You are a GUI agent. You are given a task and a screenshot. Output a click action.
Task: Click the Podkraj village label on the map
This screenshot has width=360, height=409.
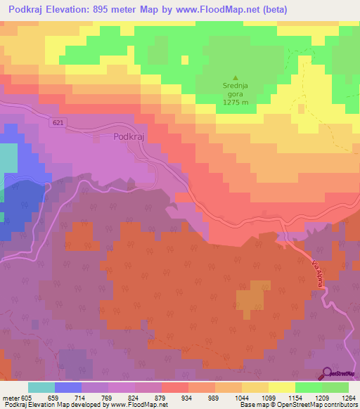(128, 138)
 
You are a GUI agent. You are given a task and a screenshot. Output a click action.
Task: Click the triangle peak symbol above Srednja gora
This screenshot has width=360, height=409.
(236, 78)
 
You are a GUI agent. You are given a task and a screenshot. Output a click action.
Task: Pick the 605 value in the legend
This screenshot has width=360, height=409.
(27, 397)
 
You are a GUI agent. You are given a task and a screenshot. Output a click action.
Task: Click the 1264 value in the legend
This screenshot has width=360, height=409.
(347, 397)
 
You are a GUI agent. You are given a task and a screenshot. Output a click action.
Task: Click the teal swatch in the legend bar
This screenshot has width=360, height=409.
(41, 387)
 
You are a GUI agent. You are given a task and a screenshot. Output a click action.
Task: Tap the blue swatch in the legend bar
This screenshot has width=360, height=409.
(67, 387)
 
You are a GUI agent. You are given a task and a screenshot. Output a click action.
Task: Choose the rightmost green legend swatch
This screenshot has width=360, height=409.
(335, 387)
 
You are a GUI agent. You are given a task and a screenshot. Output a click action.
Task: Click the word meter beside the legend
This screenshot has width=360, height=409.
(10, 397)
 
